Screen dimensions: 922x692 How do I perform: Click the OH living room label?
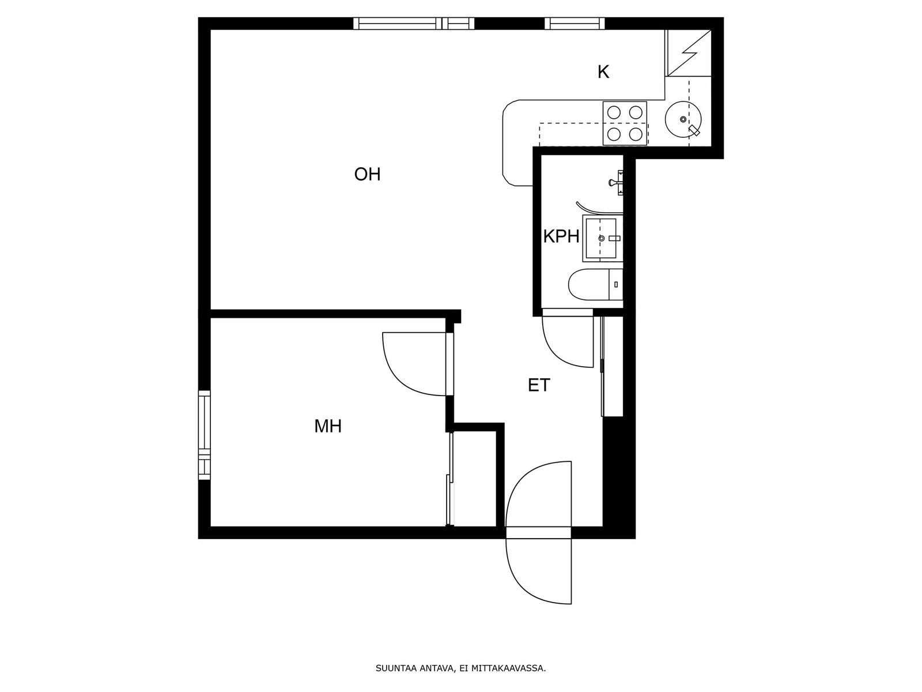[x=367, y=174]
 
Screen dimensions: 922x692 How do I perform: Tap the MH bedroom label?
[x=328, y=427]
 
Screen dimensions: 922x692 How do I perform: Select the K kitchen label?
[x=603, y=72]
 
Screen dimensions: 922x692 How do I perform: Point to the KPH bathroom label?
[x=561, y=236]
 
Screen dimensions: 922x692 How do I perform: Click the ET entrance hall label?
[x=538, y=385]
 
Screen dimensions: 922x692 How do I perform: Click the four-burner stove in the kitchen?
[x=625, y=123]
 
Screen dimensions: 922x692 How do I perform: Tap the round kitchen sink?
[x=683, y=119]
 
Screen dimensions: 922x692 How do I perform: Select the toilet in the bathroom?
[x=595, y=284]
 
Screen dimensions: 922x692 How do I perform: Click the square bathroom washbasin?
[x=602, y=238]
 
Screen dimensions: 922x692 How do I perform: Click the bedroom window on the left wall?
[x=204, y=435]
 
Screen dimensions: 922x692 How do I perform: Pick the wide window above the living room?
[x=414, y=24]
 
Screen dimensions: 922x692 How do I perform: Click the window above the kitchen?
[x=575, y=24]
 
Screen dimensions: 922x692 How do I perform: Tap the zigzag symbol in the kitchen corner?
[x=689, y=53]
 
